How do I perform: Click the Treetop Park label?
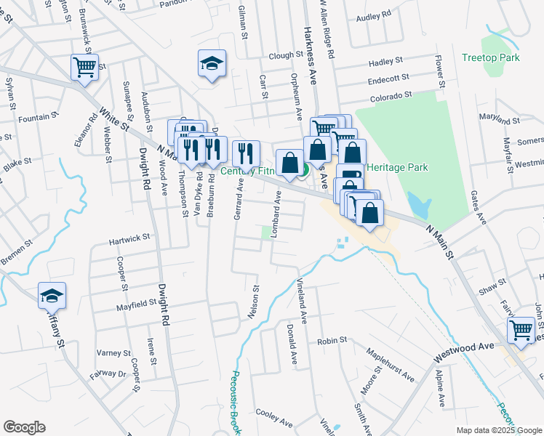pos(489,57)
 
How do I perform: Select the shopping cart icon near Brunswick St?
pos(84,68)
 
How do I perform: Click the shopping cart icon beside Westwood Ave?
pos(521,329)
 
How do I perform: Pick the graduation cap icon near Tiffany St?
pos(52,296)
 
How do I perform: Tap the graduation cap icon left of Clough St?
pos(212,63)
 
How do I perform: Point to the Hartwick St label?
pos(129,237)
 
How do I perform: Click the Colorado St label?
pos(391,94)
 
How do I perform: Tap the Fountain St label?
pos(39,117)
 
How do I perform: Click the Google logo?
pos(24,427)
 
